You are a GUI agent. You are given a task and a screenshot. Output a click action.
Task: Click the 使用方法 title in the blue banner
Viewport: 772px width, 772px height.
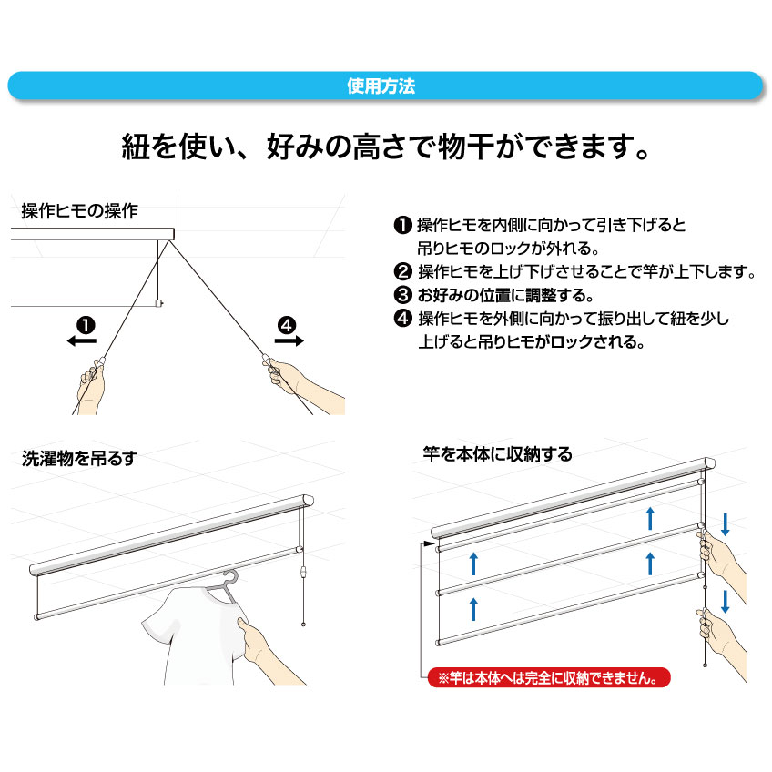[381, 86]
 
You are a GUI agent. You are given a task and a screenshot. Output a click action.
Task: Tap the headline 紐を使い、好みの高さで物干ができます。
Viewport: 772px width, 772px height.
[386, 147]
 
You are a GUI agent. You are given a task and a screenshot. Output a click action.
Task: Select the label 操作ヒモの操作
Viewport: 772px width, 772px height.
[80, 210]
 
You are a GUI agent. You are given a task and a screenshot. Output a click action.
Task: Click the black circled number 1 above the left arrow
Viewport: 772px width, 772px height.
[86, 325]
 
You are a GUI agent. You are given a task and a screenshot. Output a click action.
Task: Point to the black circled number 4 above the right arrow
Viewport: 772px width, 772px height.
[287, 325]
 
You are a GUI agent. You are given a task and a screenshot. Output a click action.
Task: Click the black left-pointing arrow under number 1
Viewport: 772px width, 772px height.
[82, 340]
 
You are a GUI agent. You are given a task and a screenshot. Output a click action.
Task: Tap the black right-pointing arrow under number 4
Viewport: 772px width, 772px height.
[289, 340]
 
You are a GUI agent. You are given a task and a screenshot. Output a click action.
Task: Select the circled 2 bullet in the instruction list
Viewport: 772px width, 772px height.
[402, 271]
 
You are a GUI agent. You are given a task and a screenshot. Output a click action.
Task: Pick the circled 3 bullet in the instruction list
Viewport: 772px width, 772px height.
[402, 295]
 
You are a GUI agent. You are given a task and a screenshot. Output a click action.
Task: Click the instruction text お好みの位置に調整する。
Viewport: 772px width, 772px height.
[505, 295]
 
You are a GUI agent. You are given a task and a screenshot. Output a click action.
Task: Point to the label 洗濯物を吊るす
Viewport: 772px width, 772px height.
[79, 459]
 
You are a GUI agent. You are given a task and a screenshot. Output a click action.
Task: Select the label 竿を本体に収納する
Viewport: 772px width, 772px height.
[498, 454]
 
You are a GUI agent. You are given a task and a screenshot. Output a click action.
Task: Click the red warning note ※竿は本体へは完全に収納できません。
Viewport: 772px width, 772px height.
[548, 677]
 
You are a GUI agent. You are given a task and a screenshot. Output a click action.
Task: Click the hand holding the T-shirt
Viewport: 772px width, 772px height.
[266, 650]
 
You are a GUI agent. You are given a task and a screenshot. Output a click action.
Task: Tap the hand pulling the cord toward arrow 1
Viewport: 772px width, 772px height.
[92, 388]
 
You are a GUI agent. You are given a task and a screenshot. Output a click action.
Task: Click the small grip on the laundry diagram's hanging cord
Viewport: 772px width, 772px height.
[303, 573]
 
